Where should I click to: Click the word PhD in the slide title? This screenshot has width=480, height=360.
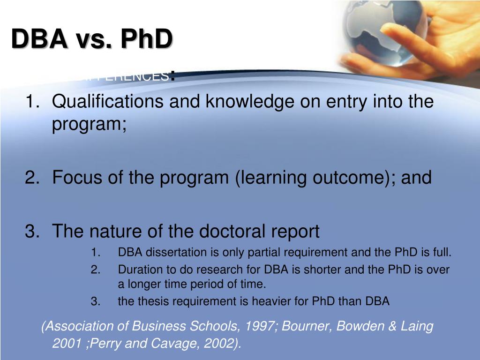point(147,38)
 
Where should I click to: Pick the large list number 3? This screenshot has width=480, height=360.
point(30,231)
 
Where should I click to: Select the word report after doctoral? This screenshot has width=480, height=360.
point(295,231)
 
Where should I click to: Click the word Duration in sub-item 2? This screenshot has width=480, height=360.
point(137,270)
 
